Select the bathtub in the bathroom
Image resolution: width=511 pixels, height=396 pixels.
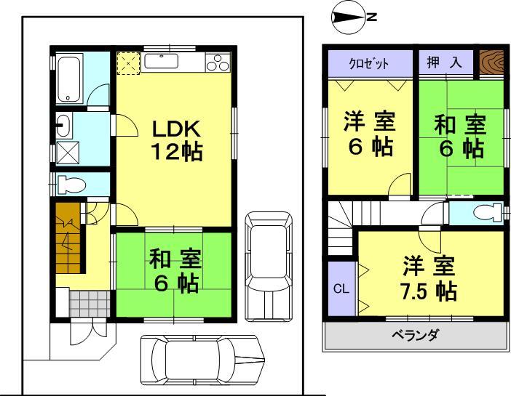[x=70, y=78]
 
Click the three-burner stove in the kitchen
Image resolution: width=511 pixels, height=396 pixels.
[x=218, y=64]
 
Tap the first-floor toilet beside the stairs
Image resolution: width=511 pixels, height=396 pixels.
[x=71, y=185]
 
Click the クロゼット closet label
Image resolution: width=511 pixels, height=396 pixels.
[x=368, y=63]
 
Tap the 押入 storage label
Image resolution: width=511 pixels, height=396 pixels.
[x=444, y=62]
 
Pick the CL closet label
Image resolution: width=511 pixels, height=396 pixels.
[x=341, y=288]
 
